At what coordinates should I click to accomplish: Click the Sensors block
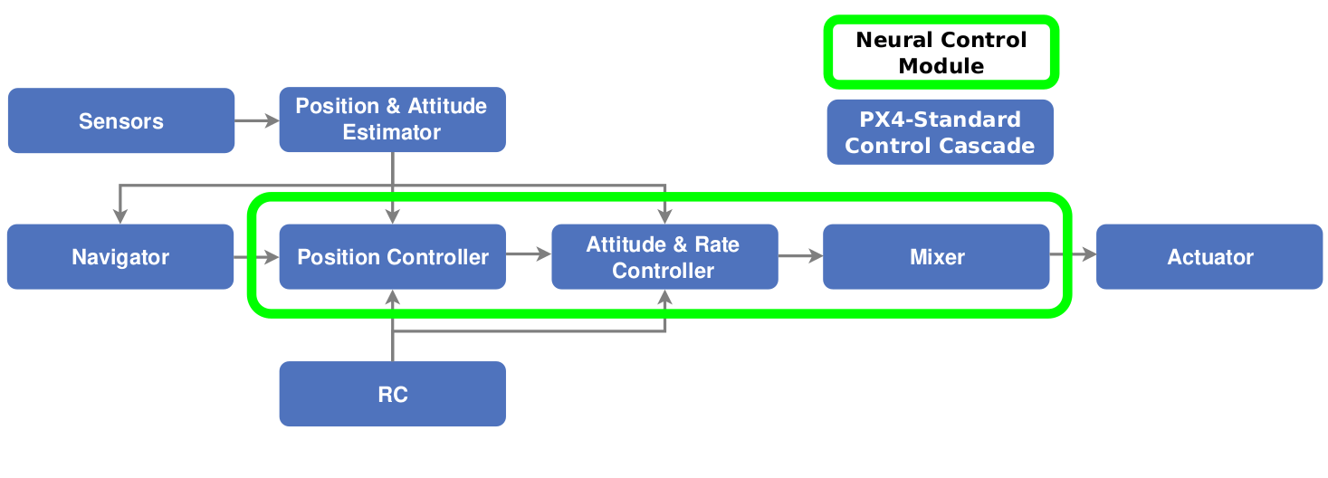point(120,120)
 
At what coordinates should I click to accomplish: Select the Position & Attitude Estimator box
point(392,119)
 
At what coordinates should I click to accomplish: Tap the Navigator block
point(119,257)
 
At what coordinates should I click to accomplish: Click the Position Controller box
point(392,257)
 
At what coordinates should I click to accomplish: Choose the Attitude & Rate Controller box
point(664,257)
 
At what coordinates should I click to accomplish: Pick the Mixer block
point(936,257)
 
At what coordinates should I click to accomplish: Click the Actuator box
point(1209,257)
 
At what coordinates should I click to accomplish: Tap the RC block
point(392,394)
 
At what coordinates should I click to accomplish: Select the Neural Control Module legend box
point(941,53)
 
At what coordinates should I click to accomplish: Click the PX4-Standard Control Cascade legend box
point(940,132)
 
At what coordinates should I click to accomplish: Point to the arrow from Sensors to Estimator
point(257,119)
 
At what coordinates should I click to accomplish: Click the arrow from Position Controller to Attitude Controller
point(529,255)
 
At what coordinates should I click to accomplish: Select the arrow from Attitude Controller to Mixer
point(800,256)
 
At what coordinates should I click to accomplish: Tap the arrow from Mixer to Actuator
point(1074,256)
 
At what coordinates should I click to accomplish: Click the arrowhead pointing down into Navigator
point(120,216)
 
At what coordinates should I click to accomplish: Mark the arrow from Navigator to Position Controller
point(256,258)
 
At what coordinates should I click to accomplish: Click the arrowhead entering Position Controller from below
point(393,296)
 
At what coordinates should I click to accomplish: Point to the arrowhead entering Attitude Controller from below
point(665,296)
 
